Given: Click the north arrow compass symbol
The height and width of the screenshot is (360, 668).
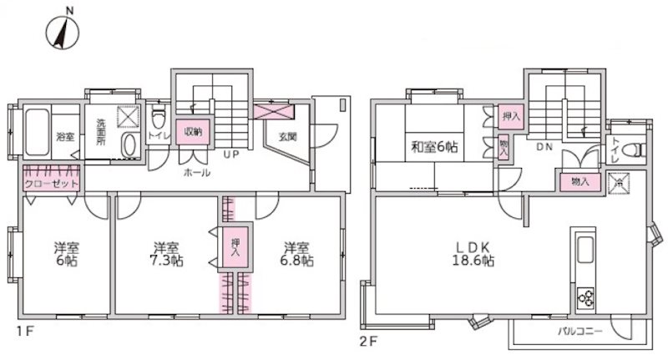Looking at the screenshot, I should [x=63, y=33].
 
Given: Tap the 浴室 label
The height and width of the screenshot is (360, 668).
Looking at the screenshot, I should [x=64, y=136].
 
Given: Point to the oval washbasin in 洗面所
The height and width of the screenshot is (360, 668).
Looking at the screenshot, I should [x=129, y=145].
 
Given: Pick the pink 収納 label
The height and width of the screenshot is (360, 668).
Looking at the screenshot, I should [x=193, y=131].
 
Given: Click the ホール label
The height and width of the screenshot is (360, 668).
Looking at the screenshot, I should [x=197, y=173].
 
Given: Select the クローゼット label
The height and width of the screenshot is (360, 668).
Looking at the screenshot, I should [x=51, y=183].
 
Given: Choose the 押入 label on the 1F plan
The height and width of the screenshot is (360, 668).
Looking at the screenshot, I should [x=235, y=246].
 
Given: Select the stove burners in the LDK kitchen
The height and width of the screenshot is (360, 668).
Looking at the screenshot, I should [x=583, y=297].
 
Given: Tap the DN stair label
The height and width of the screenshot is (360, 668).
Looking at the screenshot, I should [x=544, y=147].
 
